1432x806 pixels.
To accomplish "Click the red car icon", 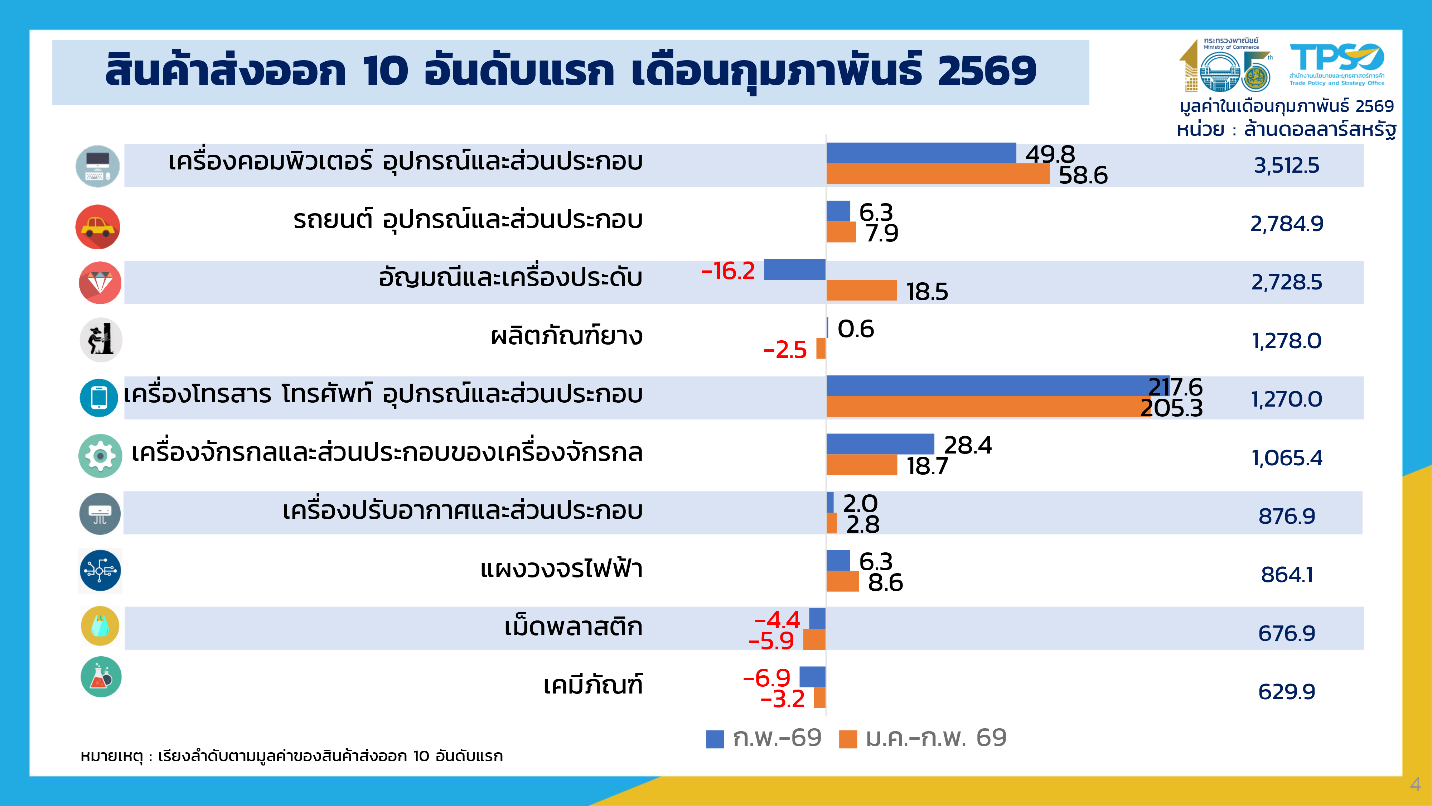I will (98, 226).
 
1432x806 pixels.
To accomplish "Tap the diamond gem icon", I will (100, 283).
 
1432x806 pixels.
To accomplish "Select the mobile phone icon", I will (99, 398).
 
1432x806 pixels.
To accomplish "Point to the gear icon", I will (100, 456).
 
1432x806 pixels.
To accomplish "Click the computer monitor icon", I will (98, 166).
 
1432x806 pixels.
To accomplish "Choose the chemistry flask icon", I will (101, 677).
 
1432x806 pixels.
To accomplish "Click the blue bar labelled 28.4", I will (880, 444).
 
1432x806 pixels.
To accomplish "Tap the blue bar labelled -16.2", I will (794, 270).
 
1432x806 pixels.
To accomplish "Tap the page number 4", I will (1415, 784).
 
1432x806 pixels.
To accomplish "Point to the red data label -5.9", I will (771, 641).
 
